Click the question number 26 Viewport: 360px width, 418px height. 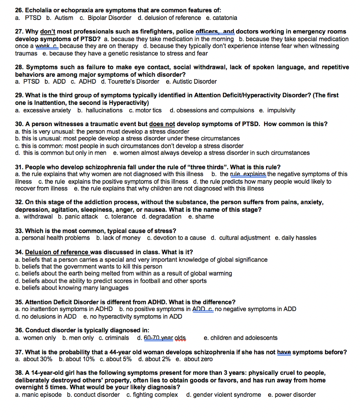[19, 10]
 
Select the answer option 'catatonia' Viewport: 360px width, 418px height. [223, 18]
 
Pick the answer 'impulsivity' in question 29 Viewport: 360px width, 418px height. [281, 110]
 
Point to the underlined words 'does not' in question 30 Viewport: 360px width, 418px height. [162, 124]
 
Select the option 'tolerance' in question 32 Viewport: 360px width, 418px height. [123, 216]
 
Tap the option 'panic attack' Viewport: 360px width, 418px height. [81, 216]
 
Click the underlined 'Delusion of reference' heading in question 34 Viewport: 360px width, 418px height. [57, 252]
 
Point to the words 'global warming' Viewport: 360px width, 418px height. [212, 273]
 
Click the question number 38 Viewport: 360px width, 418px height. [19, 373]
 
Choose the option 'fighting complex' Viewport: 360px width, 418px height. [155, 394]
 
